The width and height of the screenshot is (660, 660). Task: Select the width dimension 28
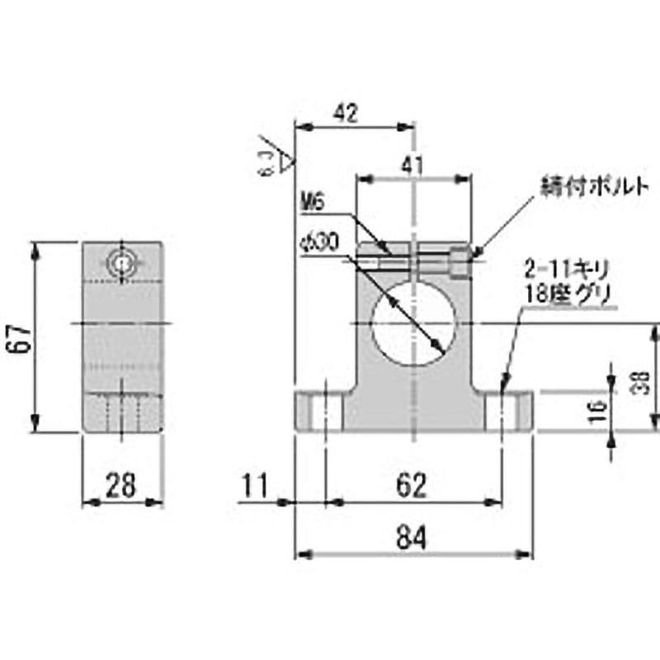click(x=123, y=485)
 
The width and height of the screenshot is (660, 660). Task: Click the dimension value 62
click(x=412, y=485)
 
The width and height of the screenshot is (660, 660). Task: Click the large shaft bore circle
click(x=412, y=323)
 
